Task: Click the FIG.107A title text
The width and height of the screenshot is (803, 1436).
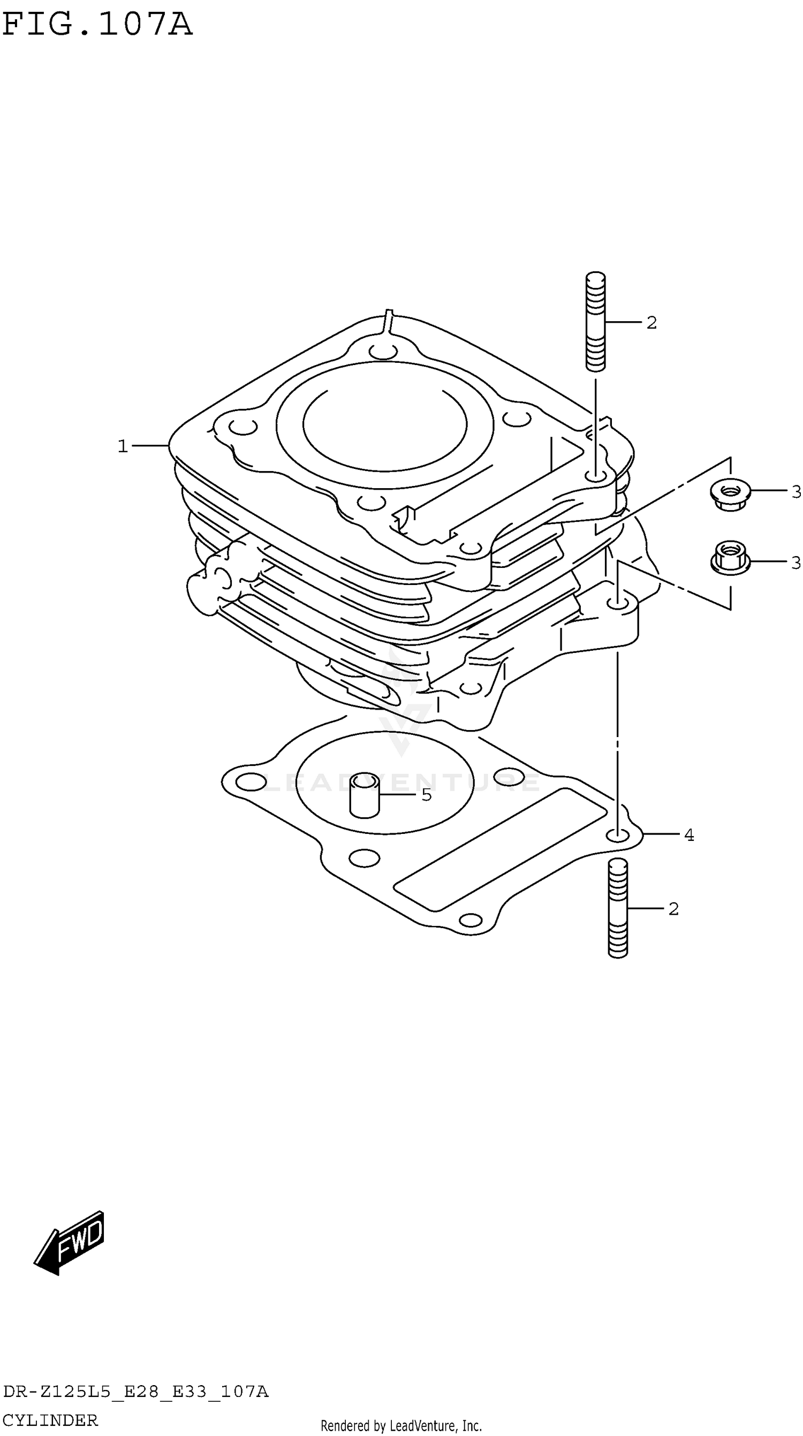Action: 97,25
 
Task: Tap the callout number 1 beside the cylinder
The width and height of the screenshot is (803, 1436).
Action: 123,446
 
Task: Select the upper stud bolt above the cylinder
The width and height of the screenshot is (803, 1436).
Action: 595,321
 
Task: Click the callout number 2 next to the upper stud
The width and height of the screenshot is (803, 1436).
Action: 652,323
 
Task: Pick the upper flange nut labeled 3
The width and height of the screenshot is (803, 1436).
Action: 730,493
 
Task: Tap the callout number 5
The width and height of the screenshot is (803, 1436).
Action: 427,795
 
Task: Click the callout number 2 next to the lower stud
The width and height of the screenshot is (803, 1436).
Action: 673,909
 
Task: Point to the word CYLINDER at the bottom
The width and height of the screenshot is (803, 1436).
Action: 50,1420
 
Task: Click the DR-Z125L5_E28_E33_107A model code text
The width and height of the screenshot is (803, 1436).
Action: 135,1392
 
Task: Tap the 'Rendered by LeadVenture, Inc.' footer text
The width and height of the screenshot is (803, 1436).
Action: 401,1426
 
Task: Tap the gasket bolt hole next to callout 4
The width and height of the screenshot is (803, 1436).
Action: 616,835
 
